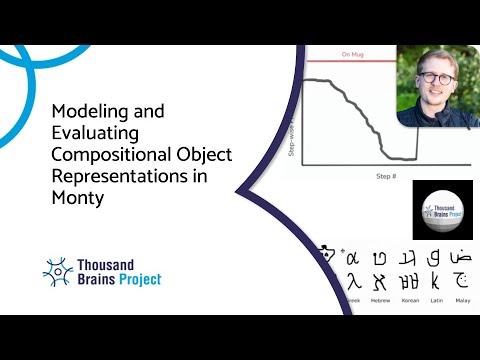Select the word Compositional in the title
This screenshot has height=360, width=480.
(106, 155)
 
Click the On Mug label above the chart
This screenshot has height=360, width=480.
(352, 54)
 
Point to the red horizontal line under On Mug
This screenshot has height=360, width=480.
(350, 63)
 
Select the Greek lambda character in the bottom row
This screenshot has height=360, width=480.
(353, 280)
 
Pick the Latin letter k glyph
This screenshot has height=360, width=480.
(434, 280)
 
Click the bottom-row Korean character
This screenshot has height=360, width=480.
(408, 280)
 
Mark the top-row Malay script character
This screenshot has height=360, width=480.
(460, 257)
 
